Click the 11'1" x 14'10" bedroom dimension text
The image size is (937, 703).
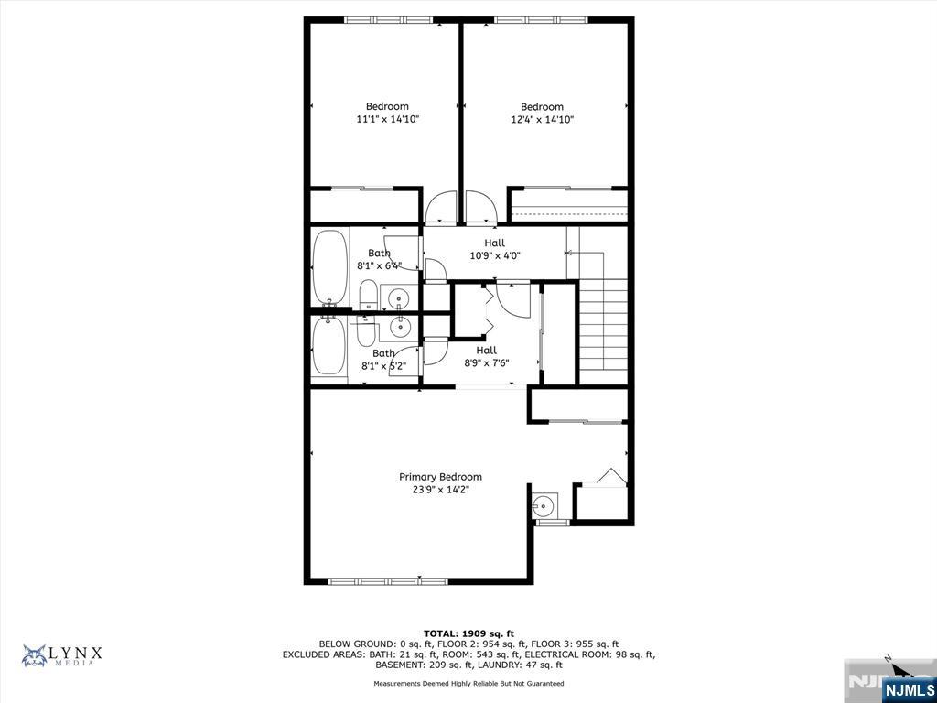(388, 120)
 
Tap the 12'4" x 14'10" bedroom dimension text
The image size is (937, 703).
(542, 120)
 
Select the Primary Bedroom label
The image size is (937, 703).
(440, 477)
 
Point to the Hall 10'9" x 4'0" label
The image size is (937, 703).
(494, 249)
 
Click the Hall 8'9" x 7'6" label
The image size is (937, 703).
(487, 356)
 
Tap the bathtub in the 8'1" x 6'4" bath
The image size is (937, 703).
(329, 268)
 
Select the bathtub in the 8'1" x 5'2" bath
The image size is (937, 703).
(328, 345)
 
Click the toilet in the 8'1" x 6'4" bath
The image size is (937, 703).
(368, 295)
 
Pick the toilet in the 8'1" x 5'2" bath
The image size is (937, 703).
(366, 331)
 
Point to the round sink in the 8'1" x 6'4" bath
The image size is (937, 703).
(399, 297)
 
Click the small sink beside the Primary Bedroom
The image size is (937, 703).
(544, 505)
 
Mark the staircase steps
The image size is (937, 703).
(604, 327)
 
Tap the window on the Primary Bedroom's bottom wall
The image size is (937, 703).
(388, 580)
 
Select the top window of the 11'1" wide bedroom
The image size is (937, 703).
(388, 20)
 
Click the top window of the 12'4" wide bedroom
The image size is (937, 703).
(542, 20)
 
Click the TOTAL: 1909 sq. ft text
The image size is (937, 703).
(468, 633)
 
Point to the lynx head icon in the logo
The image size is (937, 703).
(35, 655)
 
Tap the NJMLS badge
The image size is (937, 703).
(908, 688)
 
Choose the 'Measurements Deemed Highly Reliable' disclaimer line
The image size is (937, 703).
(468, 683)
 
